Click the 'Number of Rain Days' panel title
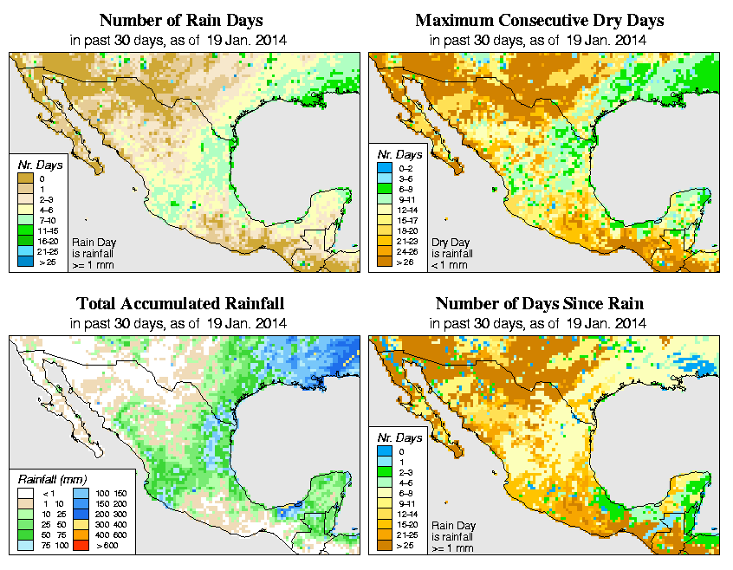183,20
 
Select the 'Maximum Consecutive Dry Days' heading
539,20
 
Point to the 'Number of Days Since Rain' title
539,304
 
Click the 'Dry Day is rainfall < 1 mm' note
451,253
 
